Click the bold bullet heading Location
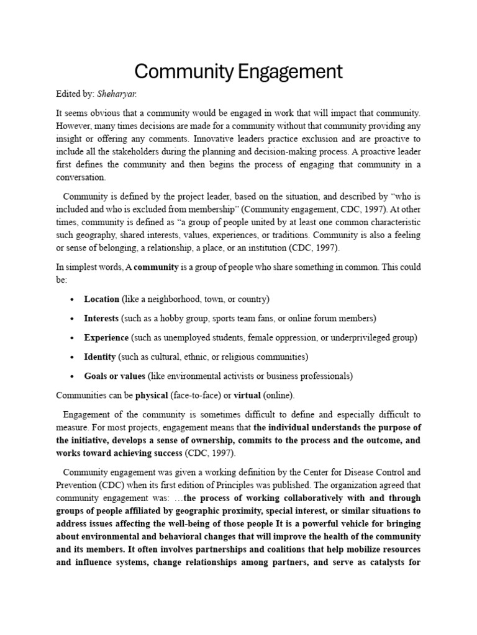click(x=101, y=299)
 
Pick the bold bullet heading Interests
click(x=101, y=318)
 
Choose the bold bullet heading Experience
click(x=106, y=337)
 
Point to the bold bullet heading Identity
click(x=99, y=357)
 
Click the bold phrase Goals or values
click(x=114, y=376)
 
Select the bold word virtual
click(x=247, y=394)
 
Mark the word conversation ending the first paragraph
click(x=81, y=177)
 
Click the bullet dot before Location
click(x=73, y=300)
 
